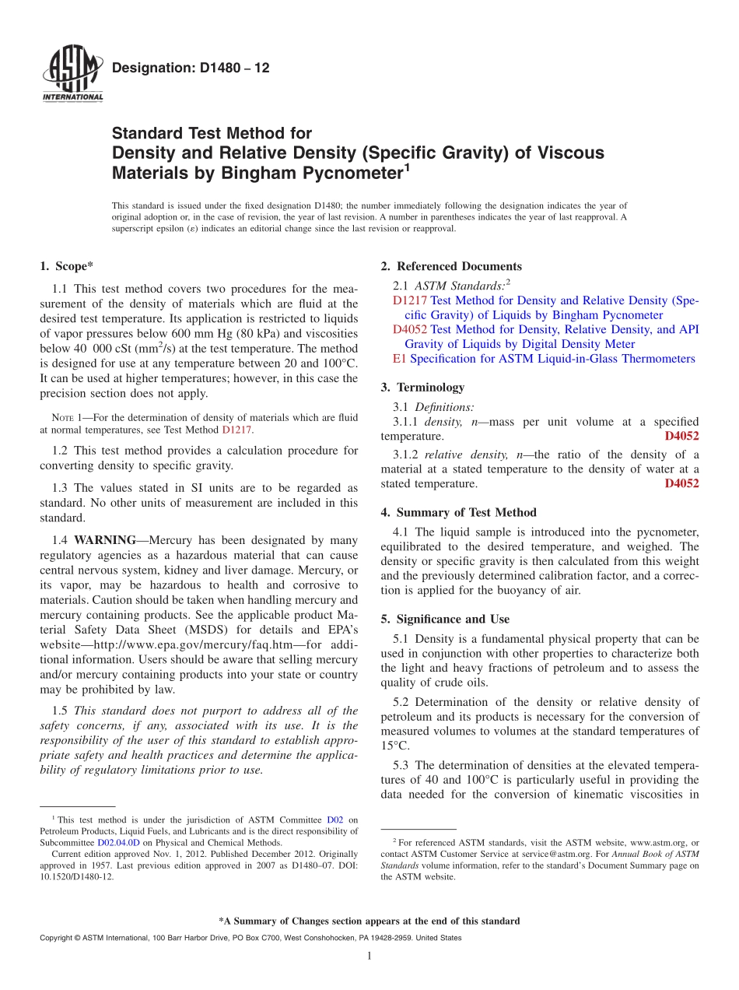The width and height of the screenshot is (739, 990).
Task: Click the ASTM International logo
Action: coord(72,75)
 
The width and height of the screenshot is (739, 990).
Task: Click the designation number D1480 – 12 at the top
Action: coord(191,68)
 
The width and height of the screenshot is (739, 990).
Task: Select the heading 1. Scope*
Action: coord(66,266)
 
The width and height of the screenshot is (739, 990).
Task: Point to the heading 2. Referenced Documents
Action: coord(451,266)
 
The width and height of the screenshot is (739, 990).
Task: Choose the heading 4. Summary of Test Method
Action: coord(458,512)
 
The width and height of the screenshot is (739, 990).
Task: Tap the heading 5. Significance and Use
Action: coord(445,619)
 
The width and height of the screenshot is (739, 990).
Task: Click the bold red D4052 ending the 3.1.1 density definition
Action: coord(681,436)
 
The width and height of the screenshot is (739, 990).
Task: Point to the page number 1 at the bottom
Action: coord(369,957)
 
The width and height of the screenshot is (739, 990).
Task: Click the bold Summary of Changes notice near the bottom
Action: coord(369,921)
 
